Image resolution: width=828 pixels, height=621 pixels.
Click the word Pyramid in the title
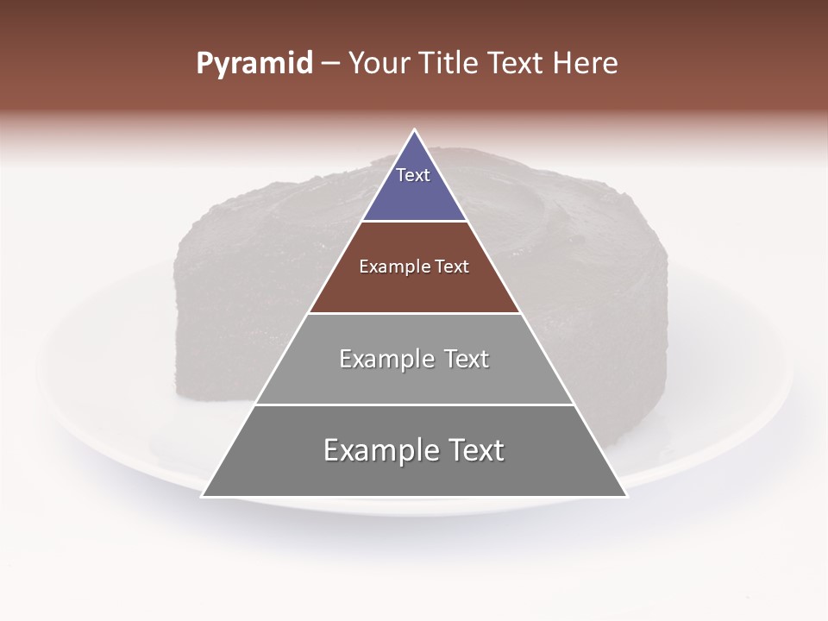pyautogui.click(x=254, y=64)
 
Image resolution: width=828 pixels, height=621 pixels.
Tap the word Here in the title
pyautogui.click(x=586, y=64)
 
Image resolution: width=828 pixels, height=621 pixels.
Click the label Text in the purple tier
pyautogui.click(x=413, y=175)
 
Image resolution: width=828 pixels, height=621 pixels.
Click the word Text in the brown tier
pyautogui.click(x=452, y=267)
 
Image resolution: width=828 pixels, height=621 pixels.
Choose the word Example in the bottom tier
pyautogui.click(x=376, y=450)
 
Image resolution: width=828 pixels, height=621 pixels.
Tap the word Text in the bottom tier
pyautogui.click(x=475, y=450)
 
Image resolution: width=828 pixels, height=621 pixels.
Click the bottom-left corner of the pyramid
pyautogui.click(x=203, y=496)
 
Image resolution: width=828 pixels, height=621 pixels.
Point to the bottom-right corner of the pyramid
pyautogui.click(x=626, y=496)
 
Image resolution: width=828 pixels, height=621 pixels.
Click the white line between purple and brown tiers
pyautogui.click(x=414, y=222)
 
